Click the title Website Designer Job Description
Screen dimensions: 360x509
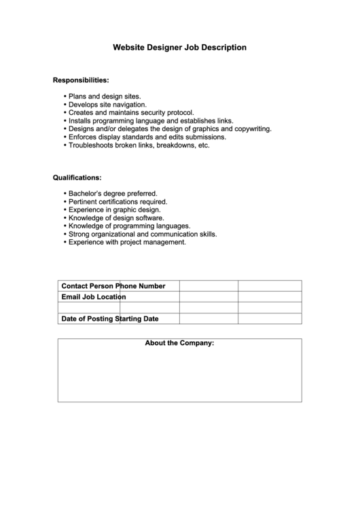pyautogui.click(x=179, y=48)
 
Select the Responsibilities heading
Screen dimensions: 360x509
pyautogui.click(x=81, y=80)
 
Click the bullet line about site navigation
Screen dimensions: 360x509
pyautogui.click(x=107, y=105)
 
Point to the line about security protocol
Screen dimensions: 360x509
pyautogui.click(x=131, y=113)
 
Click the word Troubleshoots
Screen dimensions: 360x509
pyautogui.click(x=92, y=145)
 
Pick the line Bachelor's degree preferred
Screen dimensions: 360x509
pyautogui.click(x=113, y=194)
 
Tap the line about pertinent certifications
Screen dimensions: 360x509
pyautogui.click(x=118, y=202)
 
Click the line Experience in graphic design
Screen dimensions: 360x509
pyautogui.click(x=114, y=210)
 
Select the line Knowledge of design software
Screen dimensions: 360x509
pyautogui.click(x=115, y=218)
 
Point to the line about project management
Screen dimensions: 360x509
pyautogui.click(x=127, y=242)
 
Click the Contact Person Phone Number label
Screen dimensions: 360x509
pyautogui.click(x=113, y=286)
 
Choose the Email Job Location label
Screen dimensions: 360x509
pyautogui.click(x=94, y=297)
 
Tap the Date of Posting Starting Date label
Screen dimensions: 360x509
pyautogui.click(x=109, y=318)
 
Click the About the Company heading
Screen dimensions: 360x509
pyautogui.click(x=179, y=343)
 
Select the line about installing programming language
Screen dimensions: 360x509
pyautogui.click(x=151, y=121)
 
